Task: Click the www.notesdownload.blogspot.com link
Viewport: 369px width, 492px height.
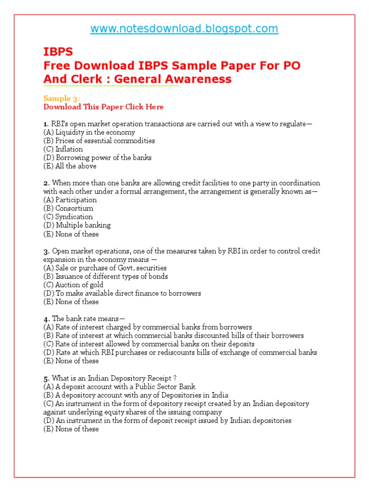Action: click(184, 29)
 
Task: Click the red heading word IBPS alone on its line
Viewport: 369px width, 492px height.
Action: click(58, 52)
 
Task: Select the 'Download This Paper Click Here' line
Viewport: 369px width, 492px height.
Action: click(103, 107)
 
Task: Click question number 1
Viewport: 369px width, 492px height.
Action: click(45, 124)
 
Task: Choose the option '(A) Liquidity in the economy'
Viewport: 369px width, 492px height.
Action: click(89, 132)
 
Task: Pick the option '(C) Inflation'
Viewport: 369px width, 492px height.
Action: click(63, 149)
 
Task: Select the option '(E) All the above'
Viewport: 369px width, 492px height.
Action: click(70, 166)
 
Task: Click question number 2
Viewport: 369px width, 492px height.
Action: click(46, 183)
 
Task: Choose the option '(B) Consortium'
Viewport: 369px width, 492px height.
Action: click(68, 208)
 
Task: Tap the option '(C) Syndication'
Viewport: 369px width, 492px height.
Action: click(68, 217)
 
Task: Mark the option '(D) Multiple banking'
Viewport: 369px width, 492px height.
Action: click(77, 225)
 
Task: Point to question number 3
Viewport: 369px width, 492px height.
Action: click(46, 251)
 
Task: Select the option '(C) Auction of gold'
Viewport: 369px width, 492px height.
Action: click(73, 284)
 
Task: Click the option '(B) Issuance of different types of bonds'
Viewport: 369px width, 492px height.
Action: click(105, 276)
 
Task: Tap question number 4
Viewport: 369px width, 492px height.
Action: click(46, 319)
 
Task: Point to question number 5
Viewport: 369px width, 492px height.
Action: click(46, 378)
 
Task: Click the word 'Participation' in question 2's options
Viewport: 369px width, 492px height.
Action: click(76, 200)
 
